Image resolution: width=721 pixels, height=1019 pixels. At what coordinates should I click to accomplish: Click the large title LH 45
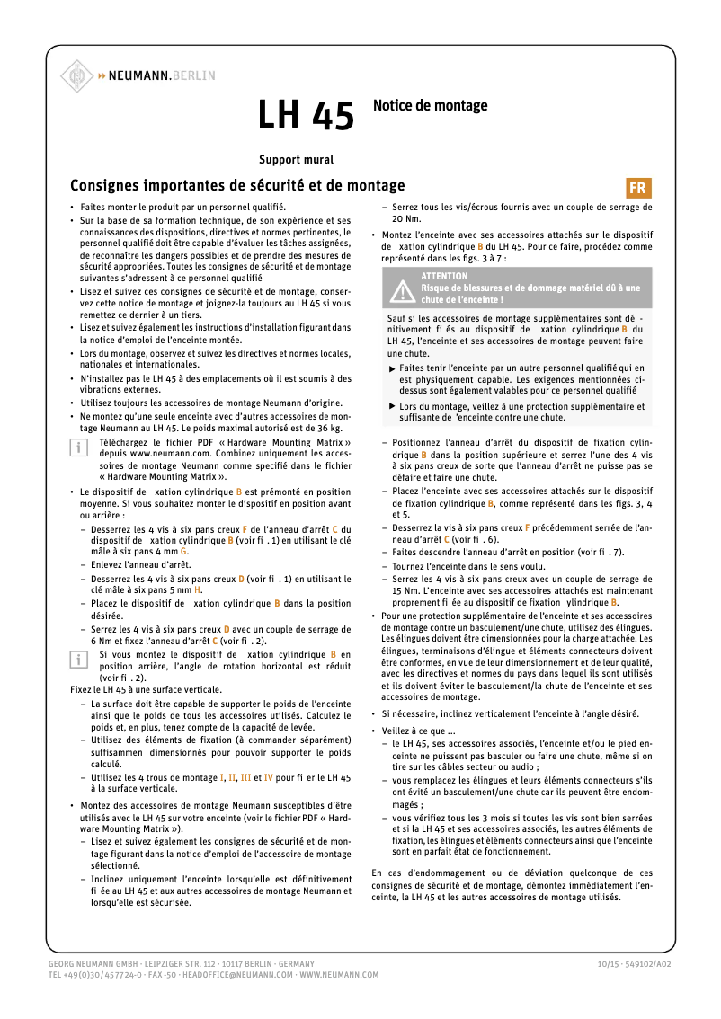click(x=306, y=115)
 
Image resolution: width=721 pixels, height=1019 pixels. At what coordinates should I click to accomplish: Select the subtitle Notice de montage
click(x=430, y=105)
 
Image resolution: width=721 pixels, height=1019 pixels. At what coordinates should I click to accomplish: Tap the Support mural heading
click(x=296, y=160)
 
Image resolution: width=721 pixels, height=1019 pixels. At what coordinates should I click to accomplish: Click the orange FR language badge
click(x=637, y=188)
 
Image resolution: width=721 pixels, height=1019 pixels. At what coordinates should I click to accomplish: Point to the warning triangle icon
click(x=400, y=288)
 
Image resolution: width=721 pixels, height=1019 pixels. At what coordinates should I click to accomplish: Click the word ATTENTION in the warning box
click(x=444, y=276)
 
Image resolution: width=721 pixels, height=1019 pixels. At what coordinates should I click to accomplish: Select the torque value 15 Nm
click(x=405, y=591)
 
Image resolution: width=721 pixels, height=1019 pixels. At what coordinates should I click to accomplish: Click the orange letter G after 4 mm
click(x=183, y=551)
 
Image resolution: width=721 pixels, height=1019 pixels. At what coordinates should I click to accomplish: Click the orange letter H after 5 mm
click(x=198, y=590)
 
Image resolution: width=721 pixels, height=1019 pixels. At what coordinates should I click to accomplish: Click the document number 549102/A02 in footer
click(x=645, y=963)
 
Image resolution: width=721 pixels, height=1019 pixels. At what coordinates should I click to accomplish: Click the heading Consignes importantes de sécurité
click(x=237, y=186)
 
